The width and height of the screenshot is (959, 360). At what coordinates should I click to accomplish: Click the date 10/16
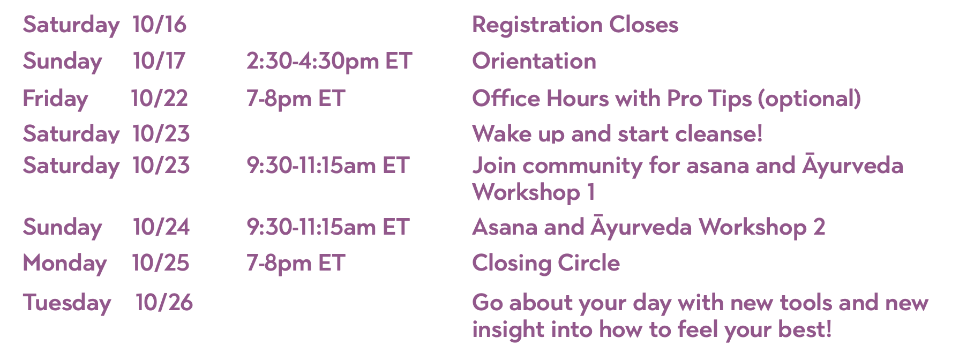pyautogui.click(x=160, y=25)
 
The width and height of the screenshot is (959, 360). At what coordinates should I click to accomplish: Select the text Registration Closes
pyautogui.click(x=575, y=25)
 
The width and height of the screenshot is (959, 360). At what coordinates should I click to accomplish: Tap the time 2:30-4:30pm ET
pyautogui.click(x=329, y=62)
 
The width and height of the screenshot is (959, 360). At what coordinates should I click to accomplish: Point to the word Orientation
pyautogui.click(x=534, y=61)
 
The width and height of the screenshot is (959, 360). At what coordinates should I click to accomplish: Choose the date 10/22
pyautogui.click(x=160, y=99)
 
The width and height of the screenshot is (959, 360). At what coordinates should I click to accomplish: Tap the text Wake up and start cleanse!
pyautogui.click(x=617, y=134)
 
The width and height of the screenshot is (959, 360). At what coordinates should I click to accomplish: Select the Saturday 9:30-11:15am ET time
pyautogui.click(x=328, y=166)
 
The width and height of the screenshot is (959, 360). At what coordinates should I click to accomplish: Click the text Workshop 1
pyautogui.click(x=534, y=192)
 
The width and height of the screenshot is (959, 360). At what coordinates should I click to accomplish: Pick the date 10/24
pyautogui.click(x=161, y=227)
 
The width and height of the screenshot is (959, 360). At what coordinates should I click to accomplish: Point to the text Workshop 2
pyautogui.click(x=762, y=227)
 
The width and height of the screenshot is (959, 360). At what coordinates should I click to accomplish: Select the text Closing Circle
pyautogui.click(x=546, y=263)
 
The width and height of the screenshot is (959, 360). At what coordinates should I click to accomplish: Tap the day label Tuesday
pyautogui.click(x=67, y=303)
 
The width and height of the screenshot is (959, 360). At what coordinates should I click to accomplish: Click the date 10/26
pyautogui.click(x=164, y=303)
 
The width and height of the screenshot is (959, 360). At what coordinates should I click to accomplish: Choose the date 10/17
pyautogui.click(x=159, y=61)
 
